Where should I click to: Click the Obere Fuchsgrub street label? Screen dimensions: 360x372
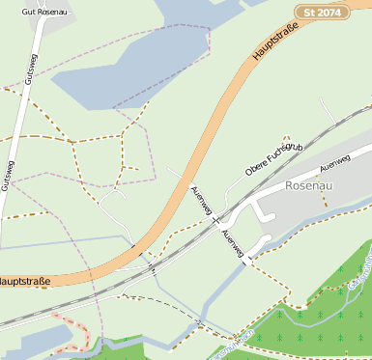click(x=275, y=159)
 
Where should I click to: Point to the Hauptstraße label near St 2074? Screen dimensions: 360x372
click(x=273, y=42)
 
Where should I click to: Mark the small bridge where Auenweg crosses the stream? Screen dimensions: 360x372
click(x=248, y=259)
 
